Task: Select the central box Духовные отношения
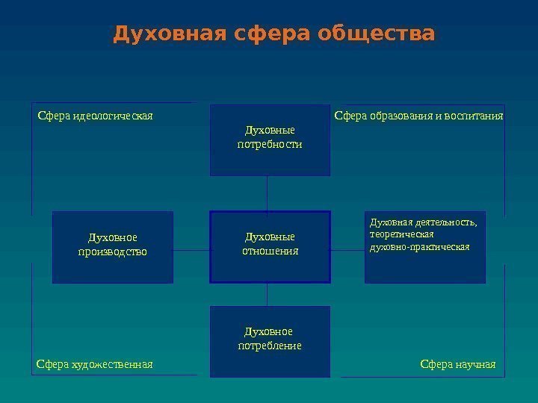(270, 246)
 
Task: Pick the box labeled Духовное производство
(112, 247)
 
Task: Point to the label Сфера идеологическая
(95, 116)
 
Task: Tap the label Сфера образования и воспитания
(419, 116)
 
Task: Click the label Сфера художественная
(94, 364)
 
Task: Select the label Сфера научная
(458, 364)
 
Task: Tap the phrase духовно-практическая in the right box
(420, 246)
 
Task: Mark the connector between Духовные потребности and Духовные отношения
(267, 193)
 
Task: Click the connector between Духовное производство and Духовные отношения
(191, 250)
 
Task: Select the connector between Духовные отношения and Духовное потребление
(267, 294)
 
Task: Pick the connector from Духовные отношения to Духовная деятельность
(347, 250)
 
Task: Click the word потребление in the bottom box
(269, 346)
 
